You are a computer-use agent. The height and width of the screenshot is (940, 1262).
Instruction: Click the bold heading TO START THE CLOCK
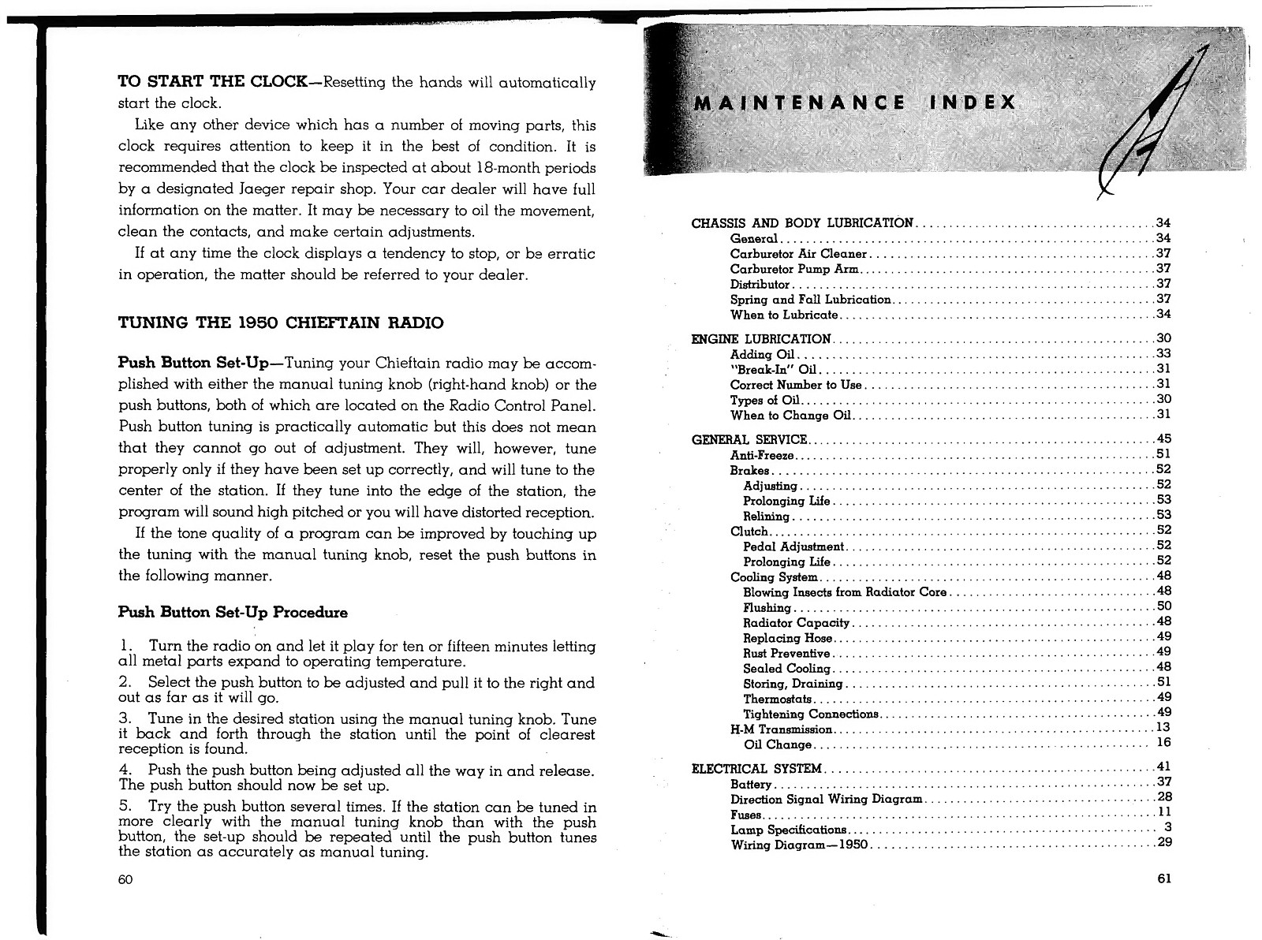(x=211, y=82)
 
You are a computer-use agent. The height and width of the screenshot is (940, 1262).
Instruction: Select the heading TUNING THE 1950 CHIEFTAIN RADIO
(x=280, y=323)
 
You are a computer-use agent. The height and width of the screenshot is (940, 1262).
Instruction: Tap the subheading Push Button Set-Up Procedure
(x=232, y=613)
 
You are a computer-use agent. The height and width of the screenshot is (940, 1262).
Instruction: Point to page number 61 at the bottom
(x=1165, y=878)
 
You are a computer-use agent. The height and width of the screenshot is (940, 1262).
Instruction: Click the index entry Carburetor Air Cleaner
(x=798, y=254)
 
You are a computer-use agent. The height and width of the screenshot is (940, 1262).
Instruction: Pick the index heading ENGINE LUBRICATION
(x=760, y=339)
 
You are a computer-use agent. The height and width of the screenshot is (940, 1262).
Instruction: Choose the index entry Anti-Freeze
(x=762, y=456)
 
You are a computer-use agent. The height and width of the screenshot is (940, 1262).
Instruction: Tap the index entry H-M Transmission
(x=781, y=729)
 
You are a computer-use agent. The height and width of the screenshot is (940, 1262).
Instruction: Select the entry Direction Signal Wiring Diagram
(x=826, y=800)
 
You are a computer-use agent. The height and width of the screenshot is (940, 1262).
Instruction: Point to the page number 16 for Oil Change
(x=1163, y=743)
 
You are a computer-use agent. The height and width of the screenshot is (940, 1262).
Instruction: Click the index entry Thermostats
(x=777, y=699)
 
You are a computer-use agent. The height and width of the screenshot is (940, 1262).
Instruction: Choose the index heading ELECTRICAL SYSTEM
(x=756, y=769)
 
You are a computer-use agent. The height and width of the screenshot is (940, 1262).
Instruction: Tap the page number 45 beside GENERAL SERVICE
(x=1163, y=439)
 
